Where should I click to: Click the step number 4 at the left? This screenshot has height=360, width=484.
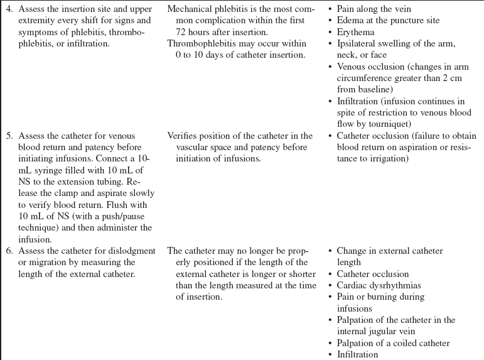point(9,9)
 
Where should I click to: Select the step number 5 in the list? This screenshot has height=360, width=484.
point(9,136)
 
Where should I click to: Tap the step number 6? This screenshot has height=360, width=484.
point(9,251)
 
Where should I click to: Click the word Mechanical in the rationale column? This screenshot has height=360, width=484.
point(190,9)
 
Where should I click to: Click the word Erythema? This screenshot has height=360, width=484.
point(355,32)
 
